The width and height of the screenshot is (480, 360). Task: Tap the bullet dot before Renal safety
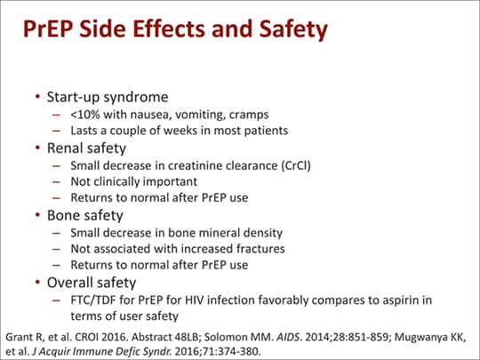(x=37, y=148)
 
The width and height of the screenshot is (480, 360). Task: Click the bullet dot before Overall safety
(x=37, y=282)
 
